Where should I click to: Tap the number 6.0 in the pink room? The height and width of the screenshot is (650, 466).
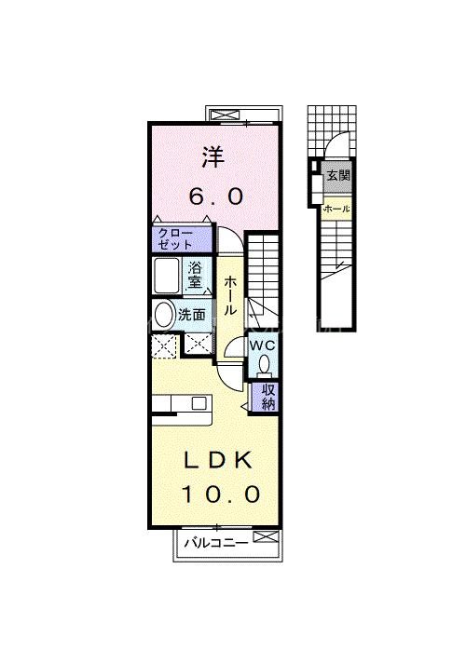click(216, 196)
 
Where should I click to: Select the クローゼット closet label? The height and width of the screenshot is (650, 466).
click(176, 238)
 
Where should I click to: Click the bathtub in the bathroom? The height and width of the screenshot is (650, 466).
click(169, 277)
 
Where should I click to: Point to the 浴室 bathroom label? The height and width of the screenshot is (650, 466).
click(196, 276)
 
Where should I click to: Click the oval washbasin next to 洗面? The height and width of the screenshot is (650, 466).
click(165, 315)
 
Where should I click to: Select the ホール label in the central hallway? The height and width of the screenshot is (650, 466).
click(229, 295)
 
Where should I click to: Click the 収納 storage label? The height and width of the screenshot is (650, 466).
click(267, 397)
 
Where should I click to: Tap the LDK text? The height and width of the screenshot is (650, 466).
click(217, 460)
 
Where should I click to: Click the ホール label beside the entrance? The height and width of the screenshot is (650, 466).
click(336, 210)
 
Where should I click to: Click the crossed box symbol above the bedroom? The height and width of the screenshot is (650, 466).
click(226, 115)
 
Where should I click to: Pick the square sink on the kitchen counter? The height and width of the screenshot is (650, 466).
click(198, 402)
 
